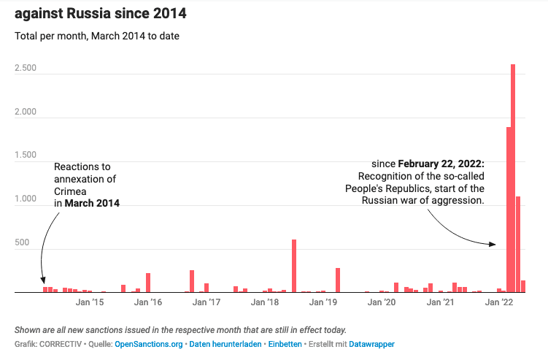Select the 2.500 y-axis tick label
click(x=26, y=69)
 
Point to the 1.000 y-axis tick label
click(x=26, y=199)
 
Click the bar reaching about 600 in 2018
click(x=294, y=267)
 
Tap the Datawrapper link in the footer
click(x=372, y=343)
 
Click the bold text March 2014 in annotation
click(x=92, y=204)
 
